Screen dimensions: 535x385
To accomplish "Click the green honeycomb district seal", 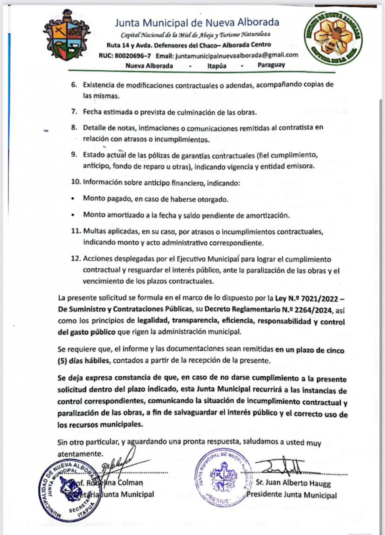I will (x=333, y=38).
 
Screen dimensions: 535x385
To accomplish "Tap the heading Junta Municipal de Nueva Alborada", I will (x=197, y=22).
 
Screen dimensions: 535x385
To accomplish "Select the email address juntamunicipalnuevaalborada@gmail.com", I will (x=237, y=55).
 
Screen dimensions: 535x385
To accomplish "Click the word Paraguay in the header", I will (x=271, y=65).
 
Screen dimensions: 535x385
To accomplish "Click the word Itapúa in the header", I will (x=217, y=65).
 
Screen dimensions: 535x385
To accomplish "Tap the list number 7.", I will (x=74, y=112).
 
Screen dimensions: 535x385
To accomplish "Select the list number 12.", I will (x=75, y=259).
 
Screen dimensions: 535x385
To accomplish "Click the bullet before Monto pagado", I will (x=73, y=199).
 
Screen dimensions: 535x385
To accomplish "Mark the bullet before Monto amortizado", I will (x=73, y=215).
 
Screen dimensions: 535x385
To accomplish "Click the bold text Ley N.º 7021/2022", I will (x=306, y=298).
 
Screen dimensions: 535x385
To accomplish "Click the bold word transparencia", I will (x=197, y=321).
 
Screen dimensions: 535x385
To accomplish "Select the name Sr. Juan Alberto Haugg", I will (x=293, y=483).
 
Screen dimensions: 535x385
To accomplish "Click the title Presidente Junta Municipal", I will (x=292, y=495).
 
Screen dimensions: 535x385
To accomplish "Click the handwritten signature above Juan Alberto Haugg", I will (x=286, y=467).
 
